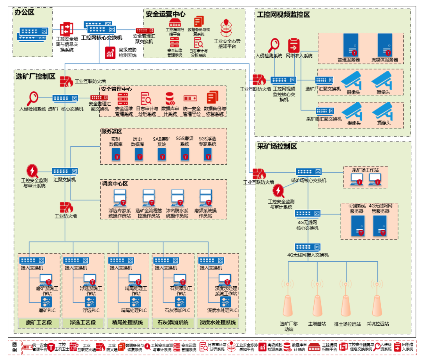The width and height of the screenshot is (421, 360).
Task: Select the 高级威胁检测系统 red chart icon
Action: tap(110, 53)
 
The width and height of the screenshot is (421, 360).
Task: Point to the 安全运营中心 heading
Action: tap(165, 14)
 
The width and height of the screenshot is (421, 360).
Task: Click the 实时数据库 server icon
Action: tap(116, 154)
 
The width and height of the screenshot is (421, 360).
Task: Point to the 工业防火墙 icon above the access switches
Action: tap(66, 207)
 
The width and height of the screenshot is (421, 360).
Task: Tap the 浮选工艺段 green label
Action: tap(82, 323)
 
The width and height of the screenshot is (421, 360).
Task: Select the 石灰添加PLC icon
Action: tap(180, 301)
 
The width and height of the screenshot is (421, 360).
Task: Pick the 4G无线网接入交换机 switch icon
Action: tap(308, 247)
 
